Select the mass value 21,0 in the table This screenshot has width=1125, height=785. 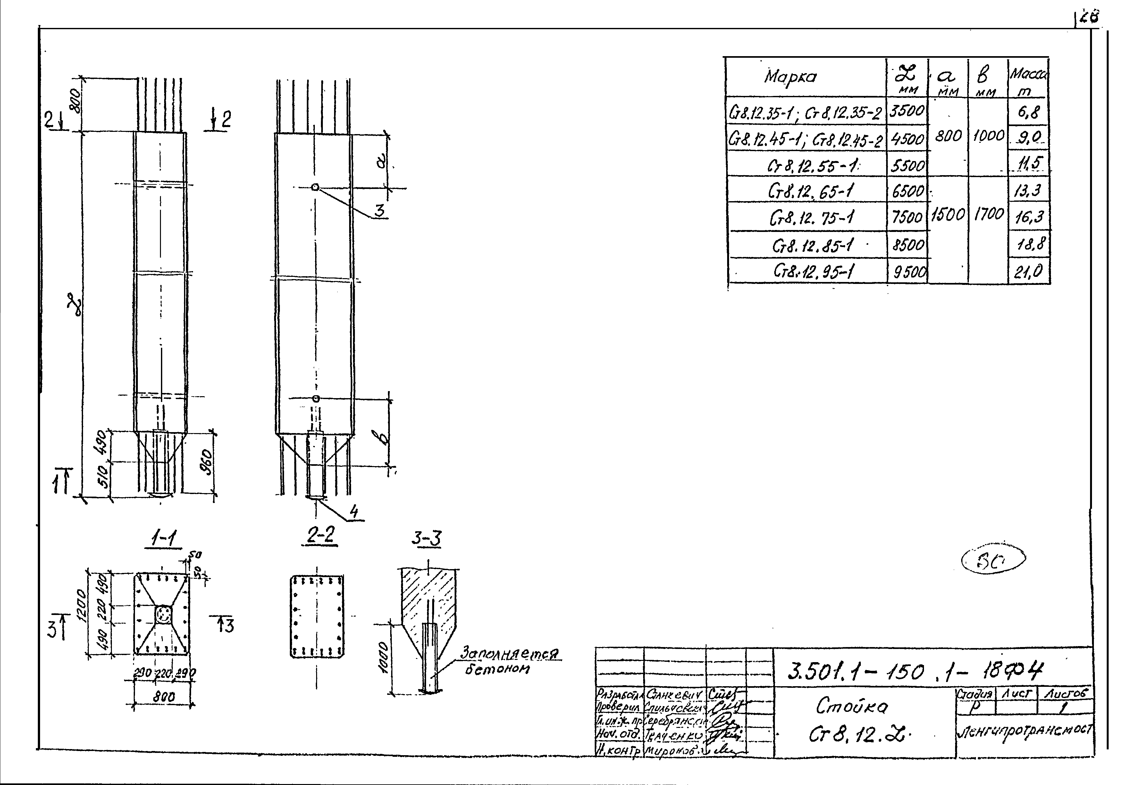point(1028,271)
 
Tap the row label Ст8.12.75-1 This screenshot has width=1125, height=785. point(811,217)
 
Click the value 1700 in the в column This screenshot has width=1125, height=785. point(989,214)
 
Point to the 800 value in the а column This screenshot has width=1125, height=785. point(948,136)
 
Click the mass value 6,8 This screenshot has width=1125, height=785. point(1028,112)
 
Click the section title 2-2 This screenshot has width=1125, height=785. point(321,535)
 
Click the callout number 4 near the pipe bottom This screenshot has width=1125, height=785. point(354,512)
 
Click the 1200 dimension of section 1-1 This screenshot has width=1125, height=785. point(81,606)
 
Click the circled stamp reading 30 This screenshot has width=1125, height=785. point(994,559)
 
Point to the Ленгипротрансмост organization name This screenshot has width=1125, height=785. point(1024,730)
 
